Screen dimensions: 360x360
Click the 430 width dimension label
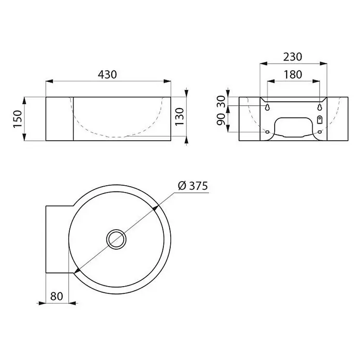tap(107, 74)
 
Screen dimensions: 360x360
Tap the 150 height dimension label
tap(18, 118)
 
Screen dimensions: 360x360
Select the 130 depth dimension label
tap(179, 116)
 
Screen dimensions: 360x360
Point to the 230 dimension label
tap(293, 57)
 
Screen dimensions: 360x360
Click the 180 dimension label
tap(293, 74)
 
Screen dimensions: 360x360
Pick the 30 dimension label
tap(221, 101)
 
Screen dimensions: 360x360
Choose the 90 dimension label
tap(221, 119)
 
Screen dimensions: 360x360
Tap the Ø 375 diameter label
tap(193, 186)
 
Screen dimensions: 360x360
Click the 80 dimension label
tap(56, 296)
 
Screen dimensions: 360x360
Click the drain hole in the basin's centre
tap(116, 239)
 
